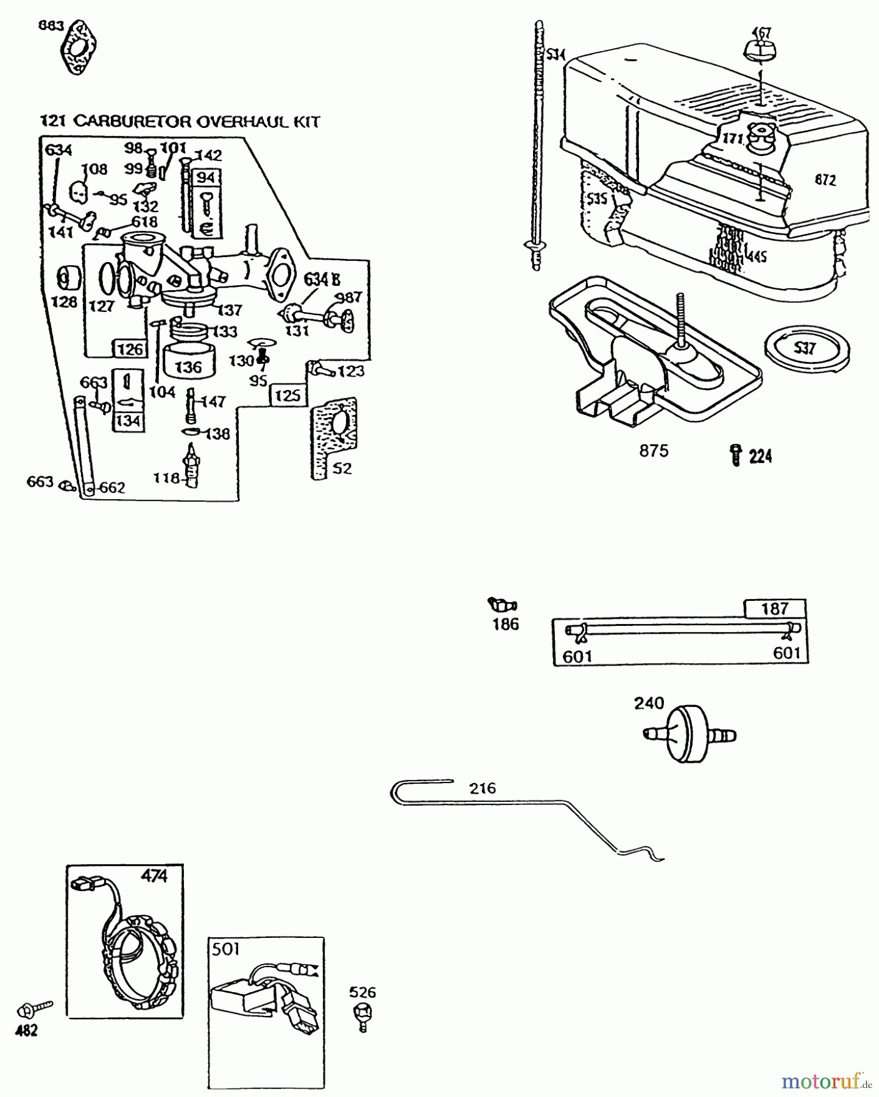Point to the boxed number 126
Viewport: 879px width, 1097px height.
tap(129, 349)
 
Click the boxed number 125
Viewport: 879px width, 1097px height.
tap(287, 396)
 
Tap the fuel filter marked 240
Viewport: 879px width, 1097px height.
tap(690, 734)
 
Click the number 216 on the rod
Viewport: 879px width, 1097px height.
tap(482, 788)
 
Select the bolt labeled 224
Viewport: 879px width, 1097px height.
tap(736, 455)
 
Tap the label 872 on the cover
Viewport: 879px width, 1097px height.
tap(825, 180)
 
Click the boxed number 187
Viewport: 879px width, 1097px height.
tap(775, 608)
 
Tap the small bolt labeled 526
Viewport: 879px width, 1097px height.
tap(363, 1014)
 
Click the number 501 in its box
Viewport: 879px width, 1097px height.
tap(225, 949)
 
